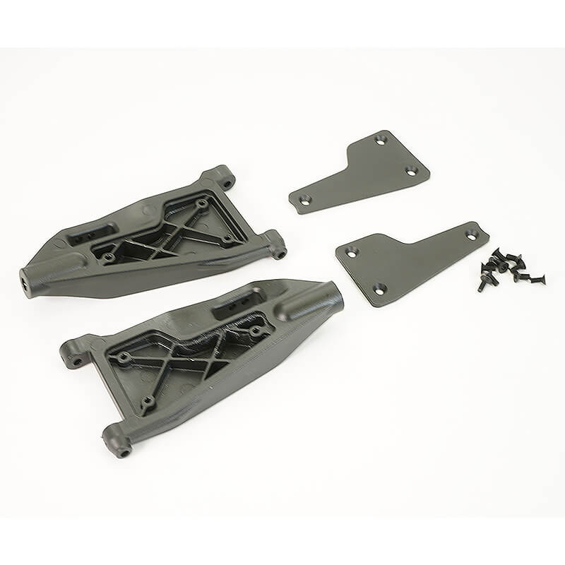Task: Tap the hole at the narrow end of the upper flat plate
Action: (304, 201)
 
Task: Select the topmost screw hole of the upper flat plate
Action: (381, 141)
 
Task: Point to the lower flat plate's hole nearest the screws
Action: (472, 234)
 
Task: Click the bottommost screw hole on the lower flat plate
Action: (379, 287)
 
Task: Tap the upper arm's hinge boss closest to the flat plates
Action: (278, 244)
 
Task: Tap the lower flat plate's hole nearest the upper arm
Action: (351, 251)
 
